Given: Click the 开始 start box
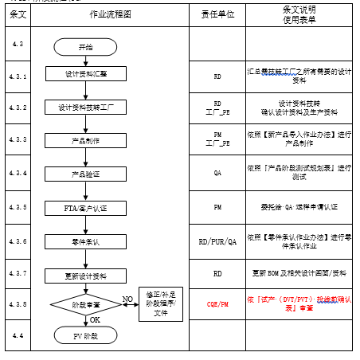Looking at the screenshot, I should [85, 48].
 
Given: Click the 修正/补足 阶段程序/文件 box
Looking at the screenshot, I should [161, 303].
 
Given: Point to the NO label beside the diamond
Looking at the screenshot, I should [127, 299].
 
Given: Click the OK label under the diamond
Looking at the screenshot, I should [94, 319].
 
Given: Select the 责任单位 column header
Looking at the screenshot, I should [217, 14].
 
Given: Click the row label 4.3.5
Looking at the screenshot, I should [18, 207].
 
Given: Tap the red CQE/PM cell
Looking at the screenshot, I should [217, 304].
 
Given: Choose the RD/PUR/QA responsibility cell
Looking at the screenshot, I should [217, 241].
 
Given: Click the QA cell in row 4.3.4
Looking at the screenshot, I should [217, 174].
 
